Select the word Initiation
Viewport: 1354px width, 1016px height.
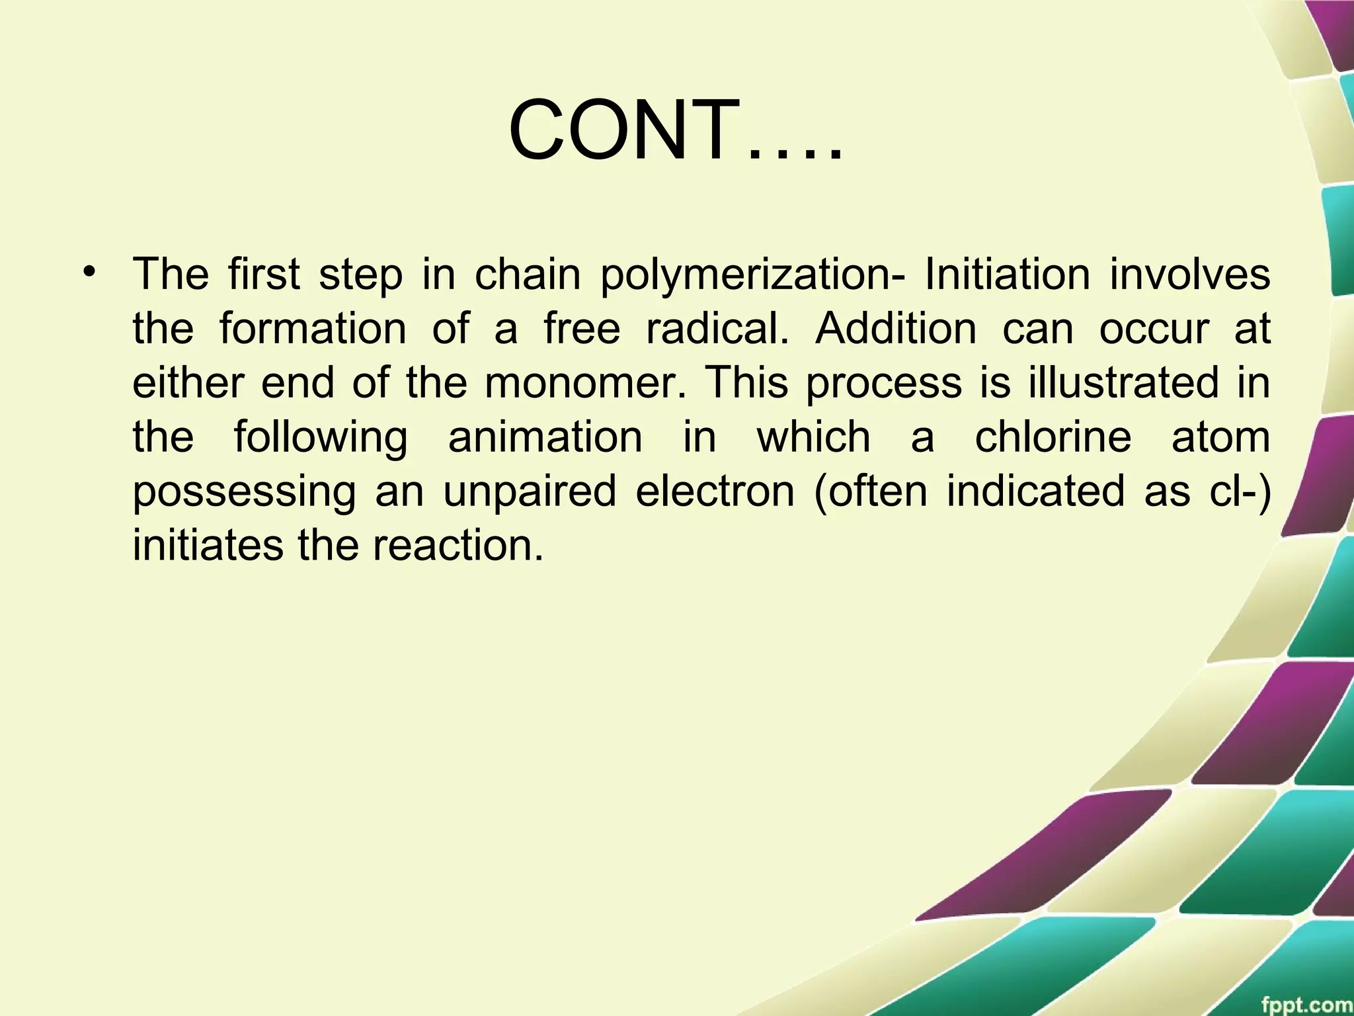(1007, 274)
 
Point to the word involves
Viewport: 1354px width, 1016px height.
(1189, 274)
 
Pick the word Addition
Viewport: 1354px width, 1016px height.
(896, 328)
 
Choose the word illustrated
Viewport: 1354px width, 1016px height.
(1123, 382)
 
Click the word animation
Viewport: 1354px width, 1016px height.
(545, 437)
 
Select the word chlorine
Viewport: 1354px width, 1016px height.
(1053, 437)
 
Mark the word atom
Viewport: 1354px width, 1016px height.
(1220, 437)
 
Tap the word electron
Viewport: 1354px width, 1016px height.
(715, 491)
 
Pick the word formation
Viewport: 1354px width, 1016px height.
(313, 328)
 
